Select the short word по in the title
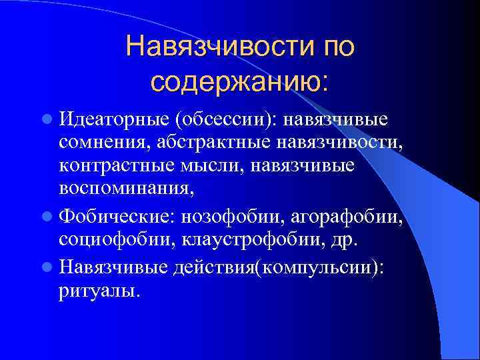tap(332, 47)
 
